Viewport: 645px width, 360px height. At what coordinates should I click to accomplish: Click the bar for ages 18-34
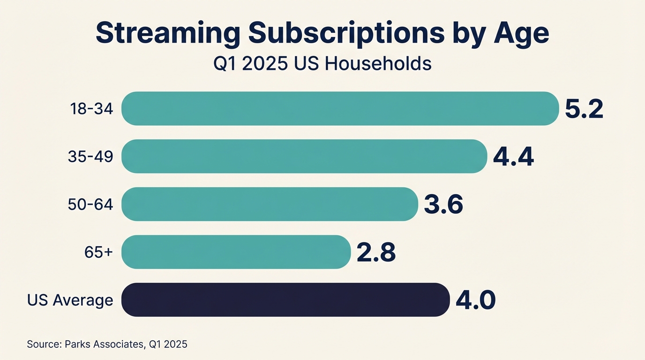click(x=340, y=109)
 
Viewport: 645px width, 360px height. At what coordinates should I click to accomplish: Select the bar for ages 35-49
click(x=304, y=157)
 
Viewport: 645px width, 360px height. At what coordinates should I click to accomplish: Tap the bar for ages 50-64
click(x=270, y=204)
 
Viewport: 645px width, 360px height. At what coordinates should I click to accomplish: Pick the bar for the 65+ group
click(x=236, y=252)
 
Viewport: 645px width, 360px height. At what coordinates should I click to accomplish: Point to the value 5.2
click(x=584, y=109)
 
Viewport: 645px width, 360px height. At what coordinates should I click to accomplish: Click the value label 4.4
click(x=513, y=157)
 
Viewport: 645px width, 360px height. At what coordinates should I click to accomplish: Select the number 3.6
click(x=443, y=204)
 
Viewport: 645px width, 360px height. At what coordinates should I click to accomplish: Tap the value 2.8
click(x=376, y=252)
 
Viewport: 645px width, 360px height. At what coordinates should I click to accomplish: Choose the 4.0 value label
click(x=475, y=300)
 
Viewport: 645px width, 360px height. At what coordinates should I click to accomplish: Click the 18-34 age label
click(x=91, y=109)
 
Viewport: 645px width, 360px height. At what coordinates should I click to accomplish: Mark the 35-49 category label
click(x=90, y=157)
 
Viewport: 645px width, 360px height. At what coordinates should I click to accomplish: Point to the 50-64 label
click(x=90, y=205)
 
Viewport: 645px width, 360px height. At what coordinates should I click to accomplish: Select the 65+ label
click(x=98, y=253)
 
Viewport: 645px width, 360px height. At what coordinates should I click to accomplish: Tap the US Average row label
click(x=70, y=300)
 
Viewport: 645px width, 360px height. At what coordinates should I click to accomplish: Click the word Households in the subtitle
click(x=378, y=63)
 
